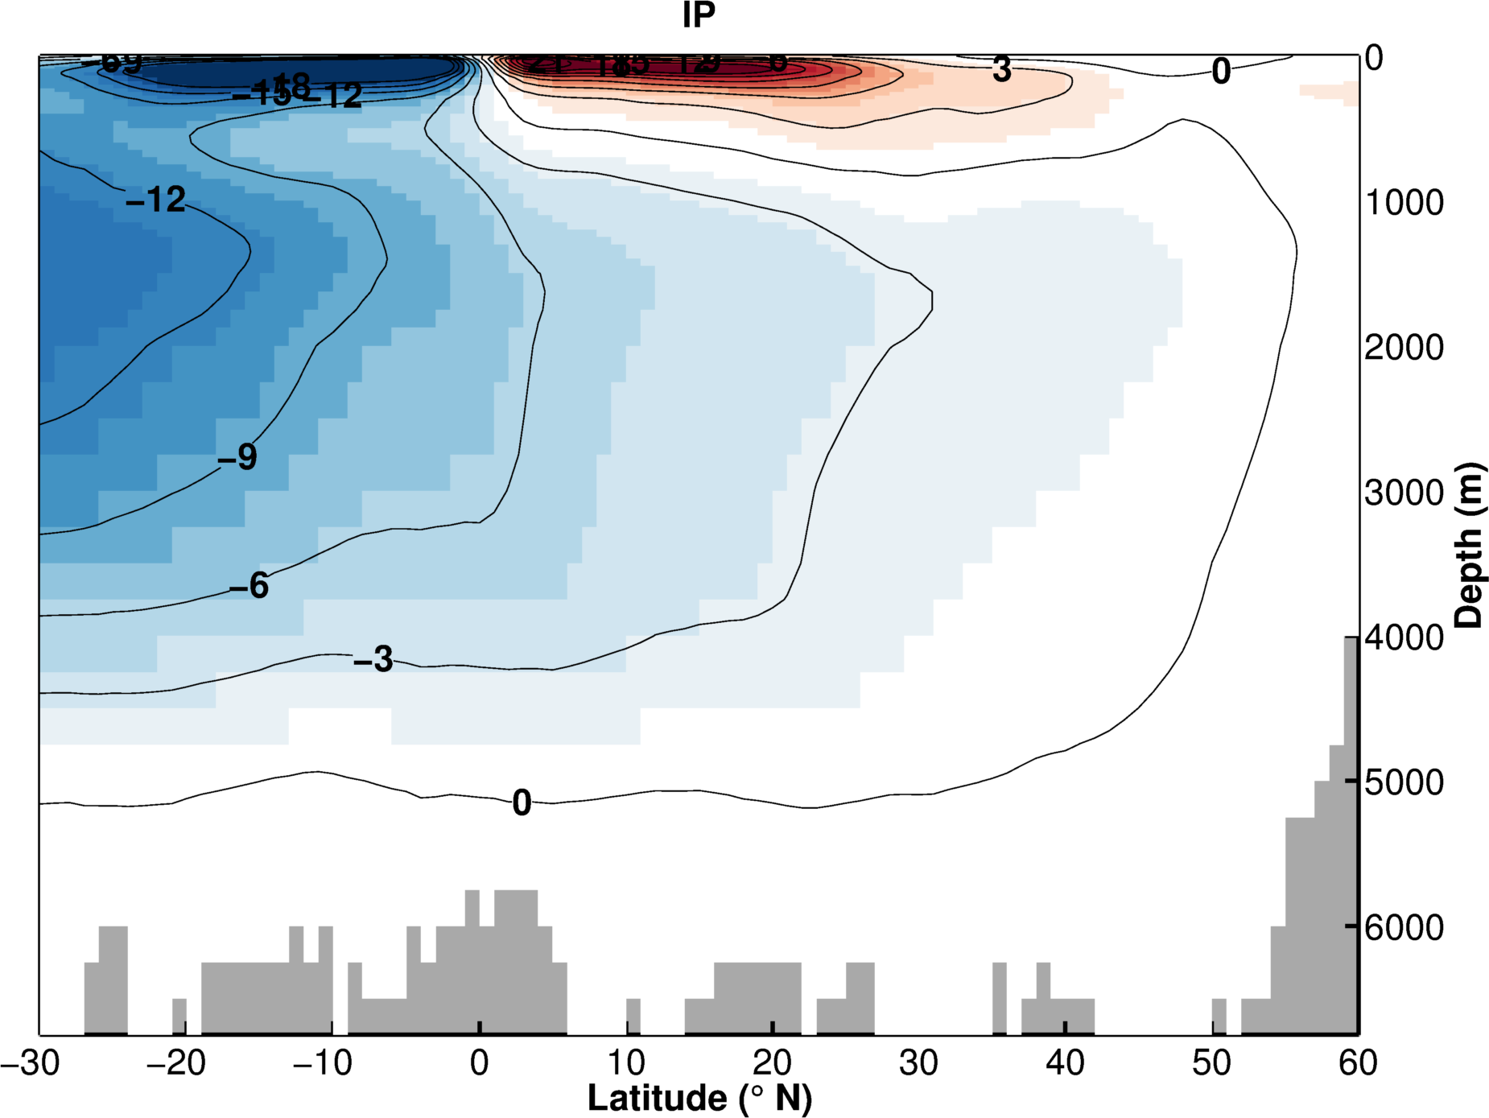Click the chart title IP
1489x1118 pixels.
tap(699, 15)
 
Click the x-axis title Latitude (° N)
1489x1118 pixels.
tap(699, 1098)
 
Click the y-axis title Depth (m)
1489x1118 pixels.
tap(1469, 545)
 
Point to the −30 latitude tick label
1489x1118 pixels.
tap(31, 1063)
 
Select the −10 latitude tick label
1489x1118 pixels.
tap(322, 1063)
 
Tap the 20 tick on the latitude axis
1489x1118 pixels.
tap(772, 1063)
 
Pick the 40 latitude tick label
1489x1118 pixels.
tap(1065, 1063)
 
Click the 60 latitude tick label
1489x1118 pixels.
tap(1358, 1063)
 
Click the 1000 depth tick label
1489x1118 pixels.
tap(1404, 203)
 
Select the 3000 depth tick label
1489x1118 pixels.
tap(1404, 493)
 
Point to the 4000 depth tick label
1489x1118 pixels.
tap(1404, 637)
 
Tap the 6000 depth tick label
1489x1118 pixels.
tap(1404, 927)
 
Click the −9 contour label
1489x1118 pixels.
tap(237, 457)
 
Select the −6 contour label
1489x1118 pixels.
tap(249, 586)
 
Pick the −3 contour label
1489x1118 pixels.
tap(373, 659)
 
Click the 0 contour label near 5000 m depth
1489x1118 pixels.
tap(522, 802)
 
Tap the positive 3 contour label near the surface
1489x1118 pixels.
tap(1001, 70)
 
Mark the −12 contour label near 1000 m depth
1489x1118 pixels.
tap(156, 200)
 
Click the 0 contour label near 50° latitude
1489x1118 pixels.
tap(1221, 72)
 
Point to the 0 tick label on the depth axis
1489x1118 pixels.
tap(1374, 58)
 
